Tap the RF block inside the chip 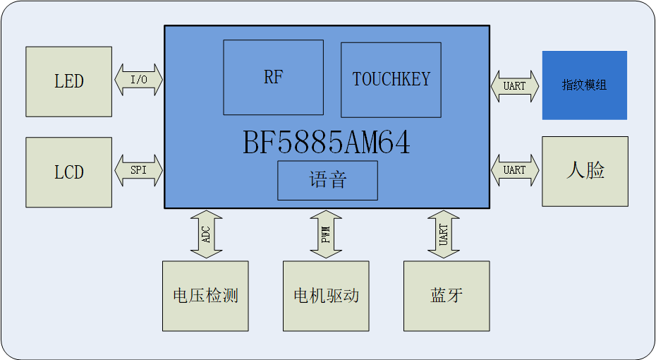273,77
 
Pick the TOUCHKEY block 391,79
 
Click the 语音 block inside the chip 327,180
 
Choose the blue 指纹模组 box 584,85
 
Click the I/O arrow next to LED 138,80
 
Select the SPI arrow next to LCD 138,171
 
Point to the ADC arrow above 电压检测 206,234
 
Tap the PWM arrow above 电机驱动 326,234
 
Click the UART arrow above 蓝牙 443,234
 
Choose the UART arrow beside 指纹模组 515,85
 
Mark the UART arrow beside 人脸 515,170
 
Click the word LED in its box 68,81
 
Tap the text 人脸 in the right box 585,170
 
